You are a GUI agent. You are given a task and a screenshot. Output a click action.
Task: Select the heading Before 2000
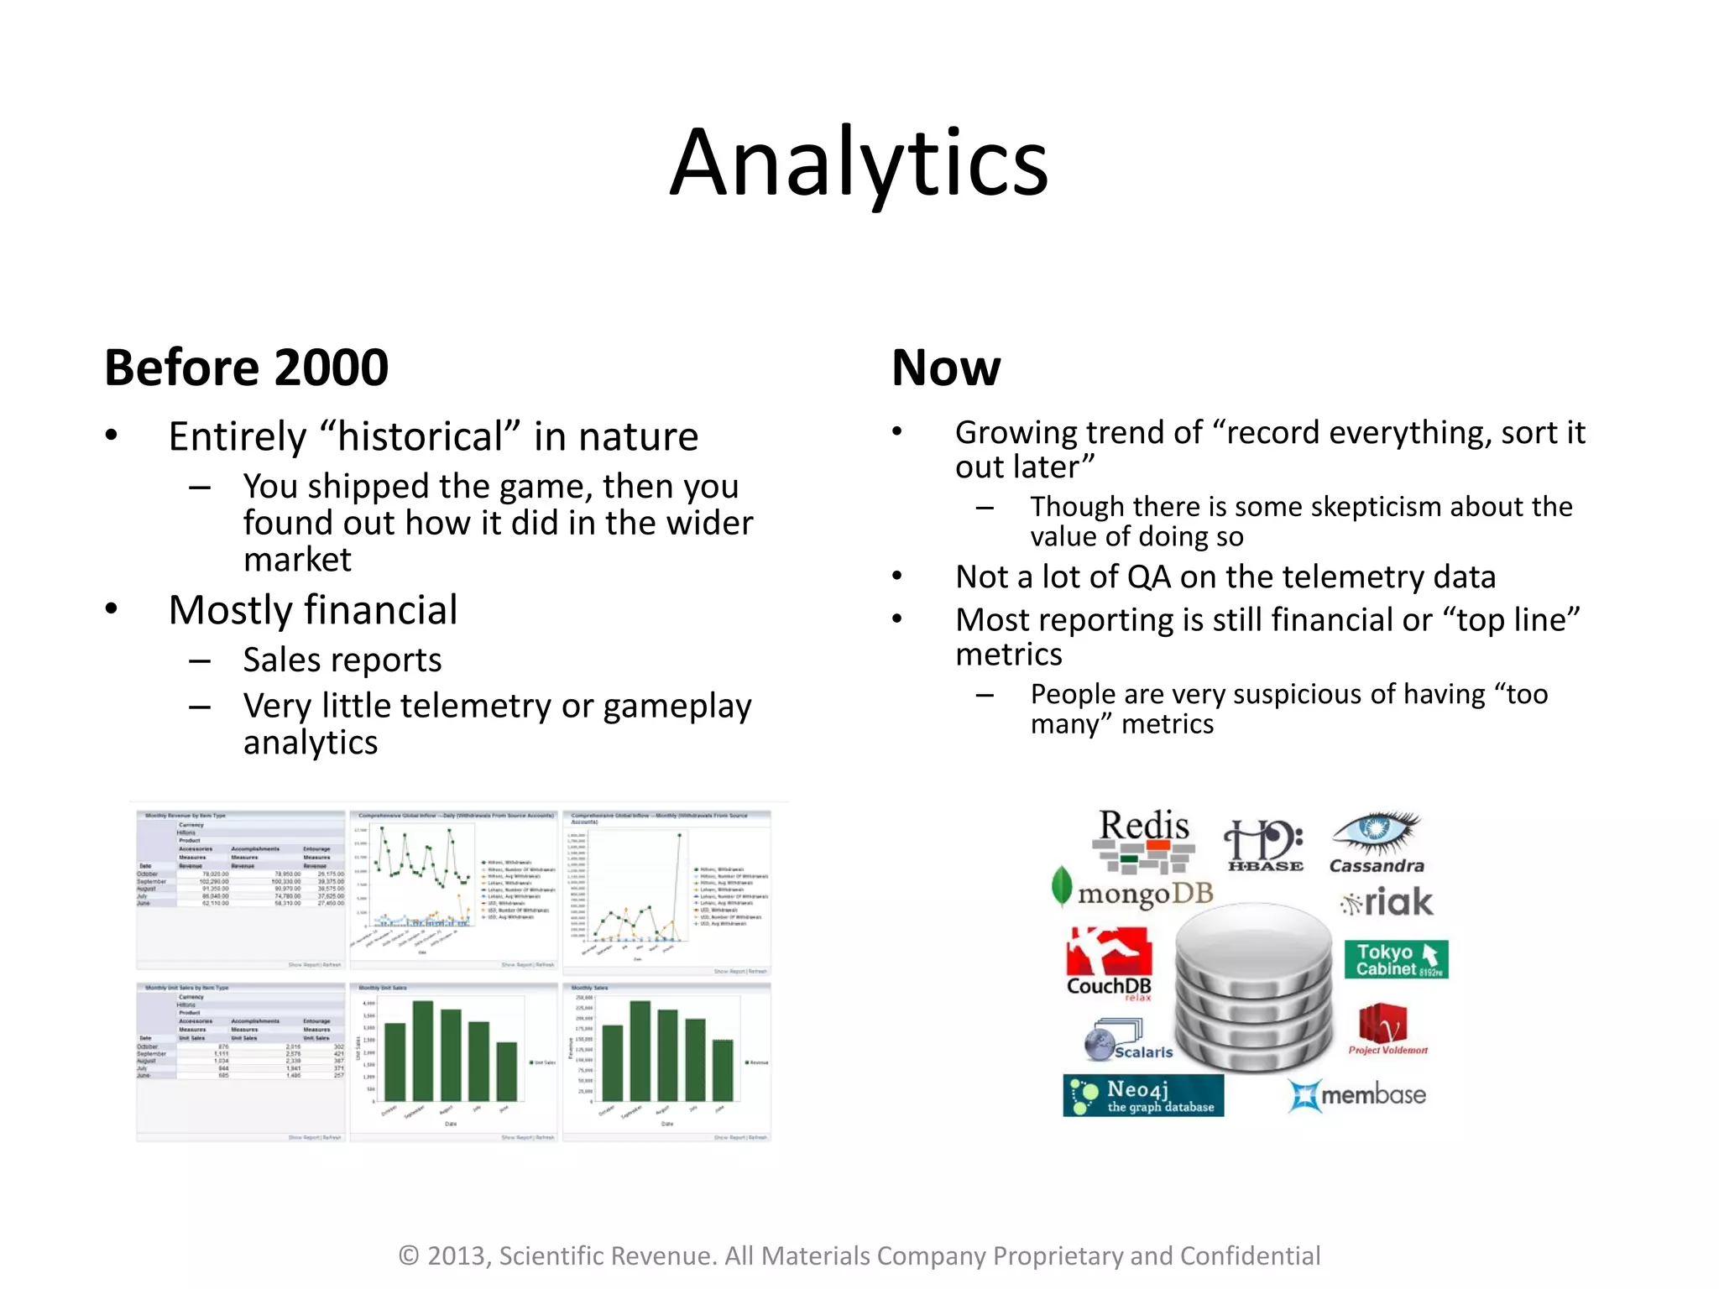coord(246,368)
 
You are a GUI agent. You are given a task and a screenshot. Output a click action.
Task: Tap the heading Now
coord(946,368)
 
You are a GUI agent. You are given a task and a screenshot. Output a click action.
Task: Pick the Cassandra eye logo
coord(1377,839)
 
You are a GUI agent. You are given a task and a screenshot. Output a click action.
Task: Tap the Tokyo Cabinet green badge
coord(1396,959)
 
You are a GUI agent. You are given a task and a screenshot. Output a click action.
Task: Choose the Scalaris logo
coord(1128,1041)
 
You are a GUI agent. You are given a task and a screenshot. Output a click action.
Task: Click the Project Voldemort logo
coord(1385,1028)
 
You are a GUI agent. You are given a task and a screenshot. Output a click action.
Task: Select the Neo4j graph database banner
coord(1143,1096)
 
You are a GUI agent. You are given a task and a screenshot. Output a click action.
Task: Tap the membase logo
coord(1357,1095)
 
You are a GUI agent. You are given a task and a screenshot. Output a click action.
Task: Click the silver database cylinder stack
coord(1254,990)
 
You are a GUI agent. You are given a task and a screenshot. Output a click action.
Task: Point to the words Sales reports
coord(342,660)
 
